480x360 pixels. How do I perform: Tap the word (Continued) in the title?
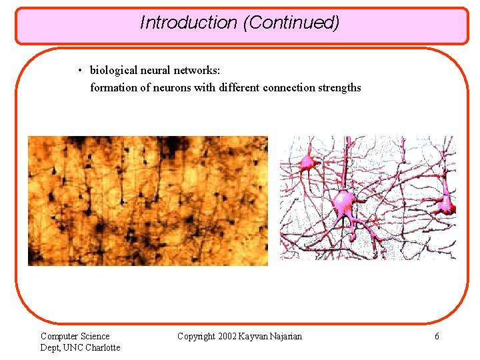(291, 23)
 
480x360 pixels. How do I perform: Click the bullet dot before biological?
(79, 71)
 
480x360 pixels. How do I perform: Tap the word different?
(235, 87)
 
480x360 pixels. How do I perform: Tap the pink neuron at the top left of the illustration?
(307, 161)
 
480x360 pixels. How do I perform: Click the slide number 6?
(437, 337)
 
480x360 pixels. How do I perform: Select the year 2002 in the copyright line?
(229, 337)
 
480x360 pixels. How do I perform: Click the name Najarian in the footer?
(285, 337)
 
